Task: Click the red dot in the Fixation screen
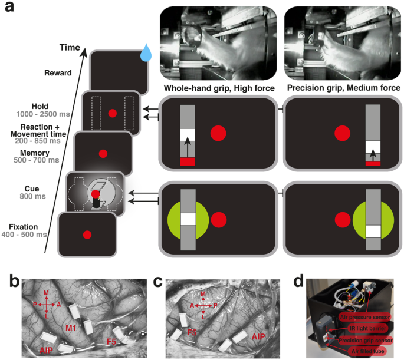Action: pos(87,235)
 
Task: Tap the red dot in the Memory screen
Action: pos(103,153)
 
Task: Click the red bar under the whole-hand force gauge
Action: pos(187,161)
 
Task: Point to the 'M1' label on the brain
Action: pos(70,327)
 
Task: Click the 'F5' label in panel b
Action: pos(111,341)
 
